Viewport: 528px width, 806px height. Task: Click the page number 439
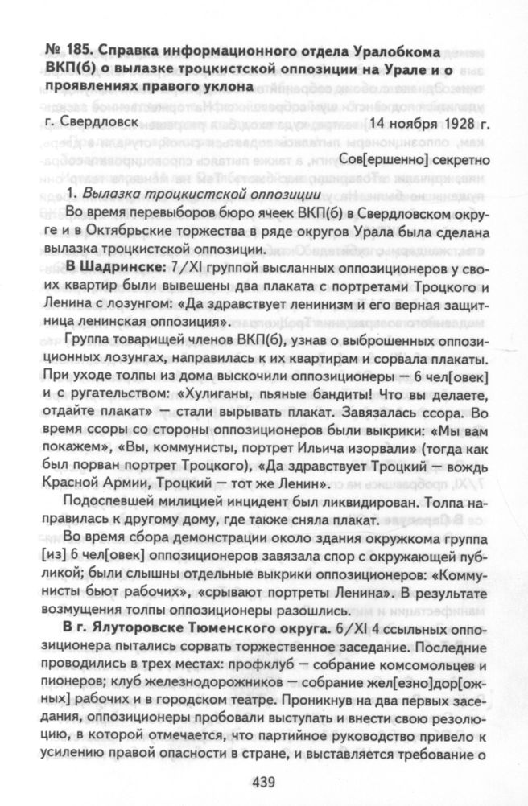click(x=263, y=779)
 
